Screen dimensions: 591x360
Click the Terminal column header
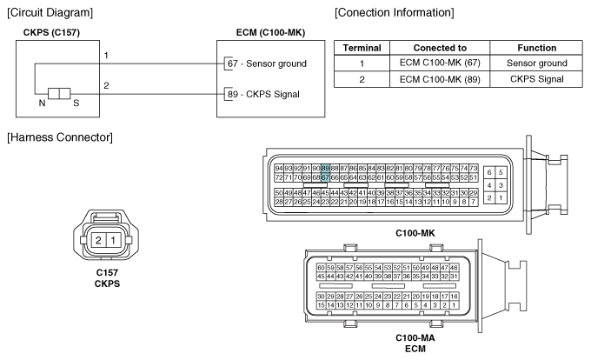click(362, 48)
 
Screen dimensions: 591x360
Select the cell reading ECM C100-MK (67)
click(440, 63)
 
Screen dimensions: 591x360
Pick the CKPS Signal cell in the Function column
click(536, 79)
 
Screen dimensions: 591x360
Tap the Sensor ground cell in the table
click(536, 63)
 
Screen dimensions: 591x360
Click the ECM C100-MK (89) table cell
click(440, 79)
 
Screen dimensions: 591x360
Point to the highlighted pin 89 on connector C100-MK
click(325, 168)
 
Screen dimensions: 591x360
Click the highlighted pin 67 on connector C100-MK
click(325, 177)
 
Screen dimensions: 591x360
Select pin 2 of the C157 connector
click(98, 240)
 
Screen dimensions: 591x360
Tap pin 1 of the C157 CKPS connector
click(113, 240)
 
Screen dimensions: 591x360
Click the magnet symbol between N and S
click(59, 94)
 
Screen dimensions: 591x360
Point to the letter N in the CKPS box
click(42, 103)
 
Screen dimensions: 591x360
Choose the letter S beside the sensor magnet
click(76, 103)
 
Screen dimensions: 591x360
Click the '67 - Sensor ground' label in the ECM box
click(267, 63)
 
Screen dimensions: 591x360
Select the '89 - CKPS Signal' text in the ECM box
click(263, 94)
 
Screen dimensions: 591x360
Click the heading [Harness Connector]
click(60, 137)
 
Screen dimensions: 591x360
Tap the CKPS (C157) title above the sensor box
click(51, 32)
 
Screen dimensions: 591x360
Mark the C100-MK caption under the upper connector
click(415, 233)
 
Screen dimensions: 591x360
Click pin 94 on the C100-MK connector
click(279, 168)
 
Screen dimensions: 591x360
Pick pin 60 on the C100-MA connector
click(321, 268)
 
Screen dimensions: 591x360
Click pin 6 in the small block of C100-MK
click(489, 172)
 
